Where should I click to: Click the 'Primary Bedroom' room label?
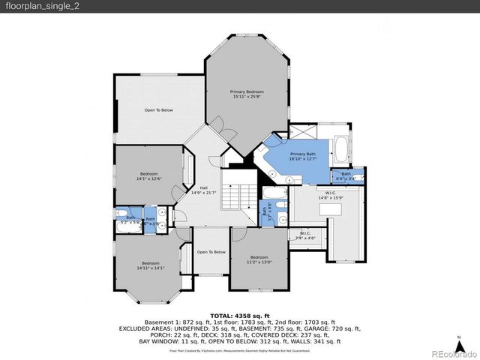(246, 94)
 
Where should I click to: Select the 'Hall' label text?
(203, 191)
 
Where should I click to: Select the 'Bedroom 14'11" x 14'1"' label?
(151, 265)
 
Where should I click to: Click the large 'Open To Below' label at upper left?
(159, 110)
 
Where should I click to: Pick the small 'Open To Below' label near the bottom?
(211, 252)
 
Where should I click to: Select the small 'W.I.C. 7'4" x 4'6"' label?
(305, 235)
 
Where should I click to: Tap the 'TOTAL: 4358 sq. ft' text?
(240, 315)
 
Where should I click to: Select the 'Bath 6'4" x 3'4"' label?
(346, 176)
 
